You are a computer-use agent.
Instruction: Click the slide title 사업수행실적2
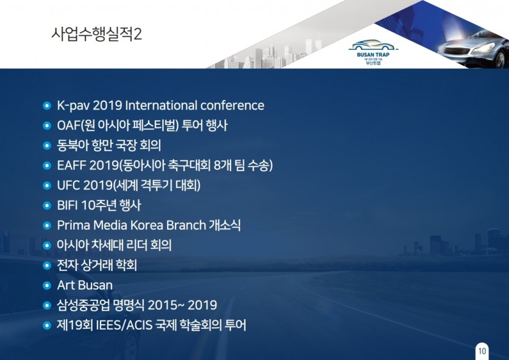[96, 34]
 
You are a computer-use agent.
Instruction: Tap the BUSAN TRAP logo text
[373, 55]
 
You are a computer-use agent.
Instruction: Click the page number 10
[482, 351]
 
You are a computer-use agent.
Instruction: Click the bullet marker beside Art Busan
[47, 286]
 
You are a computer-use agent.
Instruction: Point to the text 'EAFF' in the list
[71, 166]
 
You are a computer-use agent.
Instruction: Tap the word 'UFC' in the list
[68, 186]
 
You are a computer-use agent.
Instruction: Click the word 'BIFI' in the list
[67, 205]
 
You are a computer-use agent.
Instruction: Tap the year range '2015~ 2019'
[182, 305]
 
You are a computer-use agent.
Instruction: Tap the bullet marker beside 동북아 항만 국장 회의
[47, 146]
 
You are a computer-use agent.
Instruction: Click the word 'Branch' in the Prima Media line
[186, 225]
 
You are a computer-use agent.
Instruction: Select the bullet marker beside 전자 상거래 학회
[47, 266]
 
